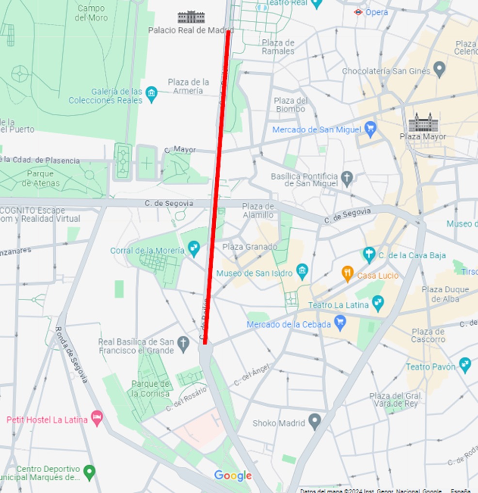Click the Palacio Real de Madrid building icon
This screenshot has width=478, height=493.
tap(191, 17)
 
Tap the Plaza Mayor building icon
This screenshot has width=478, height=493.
tap(420, 122)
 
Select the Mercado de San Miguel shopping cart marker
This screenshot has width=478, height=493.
tap(371, 129)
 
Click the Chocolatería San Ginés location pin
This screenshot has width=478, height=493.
tap(439, 69)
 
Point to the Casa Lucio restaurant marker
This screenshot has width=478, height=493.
tap(348, 274)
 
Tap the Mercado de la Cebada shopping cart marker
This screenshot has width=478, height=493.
tap(340, 322)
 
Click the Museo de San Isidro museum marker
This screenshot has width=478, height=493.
tap(303, 272)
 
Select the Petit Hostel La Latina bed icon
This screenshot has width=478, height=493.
tap(97, 418)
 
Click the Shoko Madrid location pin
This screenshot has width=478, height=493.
tap(315, 422)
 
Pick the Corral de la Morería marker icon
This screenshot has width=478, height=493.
tap(194, 249)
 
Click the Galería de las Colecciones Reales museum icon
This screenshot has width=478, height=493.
tap(152, 95)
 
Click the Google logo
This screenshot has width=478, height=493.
tap(233, 476)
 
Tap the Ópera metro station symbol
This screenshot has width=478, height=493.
tap(358, 12)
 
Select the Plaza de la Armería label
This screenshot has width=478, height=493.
tap(189, 86)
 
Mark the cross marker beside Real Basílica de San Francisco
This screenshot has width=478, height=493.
tap(183, 344)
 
